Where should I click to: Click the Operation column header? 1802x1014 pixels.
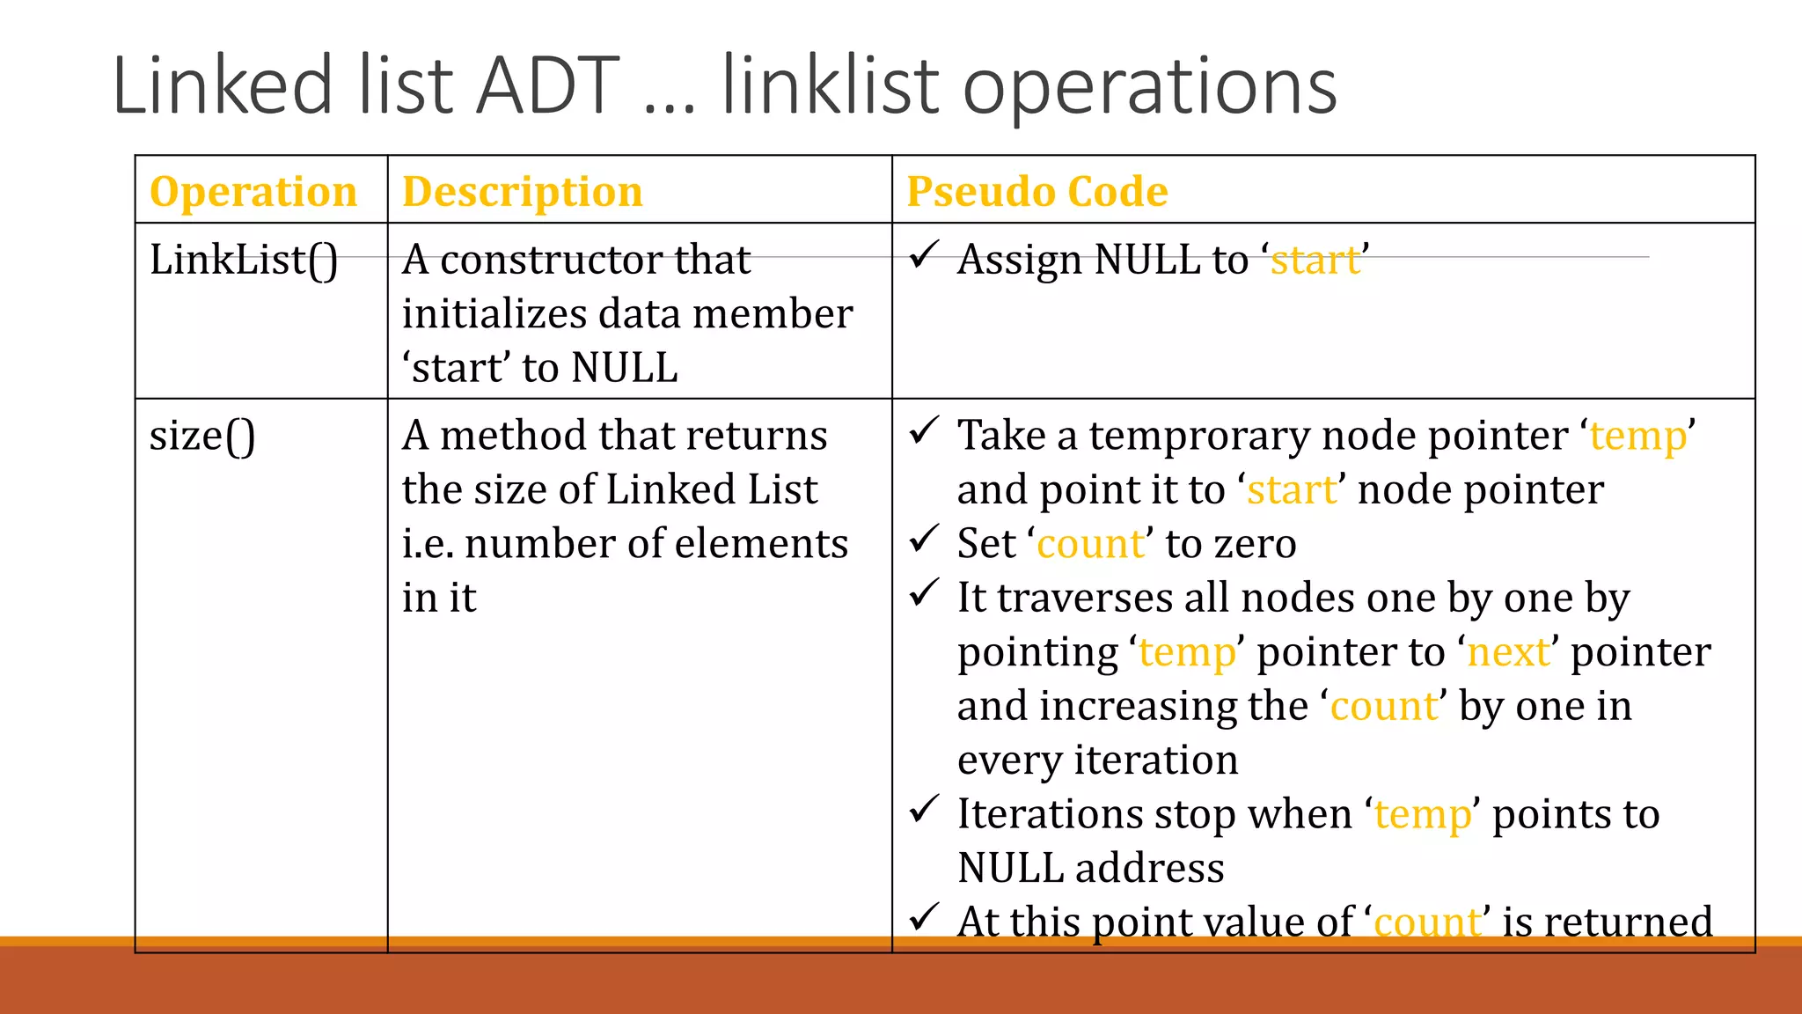(x=253, y=192)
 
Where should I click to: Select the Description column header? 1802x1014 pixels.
(x=523, y=192)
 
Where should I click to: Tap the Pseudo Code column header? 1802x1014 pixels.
(x=1037, y=192)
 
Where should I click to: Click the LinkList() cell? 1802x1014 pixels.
(x=244, y=261)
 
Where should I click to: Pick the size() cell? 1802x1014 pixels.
(x=202, y=437)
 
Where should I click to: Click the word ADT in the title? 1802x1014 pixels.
(x=548, y=86)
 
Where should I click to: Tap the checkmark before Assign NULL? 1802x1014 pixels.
(x=924, y=255)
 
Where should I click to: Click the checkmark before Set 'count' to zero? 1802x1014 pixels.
(x=924, y=539)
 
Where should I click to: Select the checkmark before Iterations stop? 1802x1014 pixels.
(x=924, y=809)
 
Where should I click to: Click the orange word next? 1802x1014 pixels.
(x=1508, y=652)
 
